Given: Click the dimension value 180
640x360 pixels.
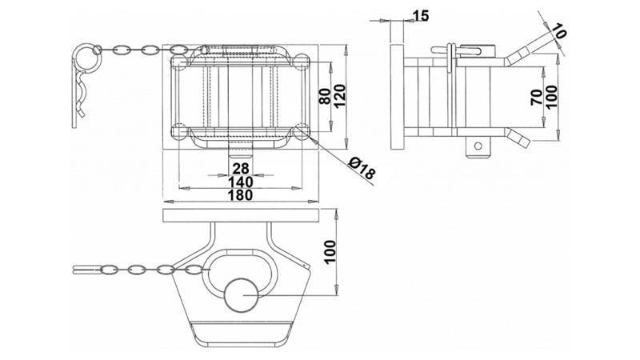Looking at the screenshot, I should (x=240, y=194).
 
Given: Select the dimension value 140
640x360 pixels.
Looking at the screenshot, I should (x=240, y=182).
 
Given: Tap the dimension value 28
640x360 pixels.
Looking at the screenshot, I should (x=240, y=168).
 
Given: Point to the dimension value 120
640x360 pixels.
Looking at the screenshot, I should (x=339, y=96).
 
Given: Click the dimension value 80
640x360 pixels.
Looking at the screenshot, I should (x=326, y=96).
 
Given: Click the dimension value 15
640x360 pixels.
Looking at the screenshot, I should (x=421, y=15).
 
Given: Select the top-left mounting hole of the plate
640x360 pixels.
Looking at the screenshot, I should (x=180, y=61).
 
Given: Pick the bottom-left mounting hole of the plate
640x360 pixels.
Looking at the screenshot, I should (x=180, y=130).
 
